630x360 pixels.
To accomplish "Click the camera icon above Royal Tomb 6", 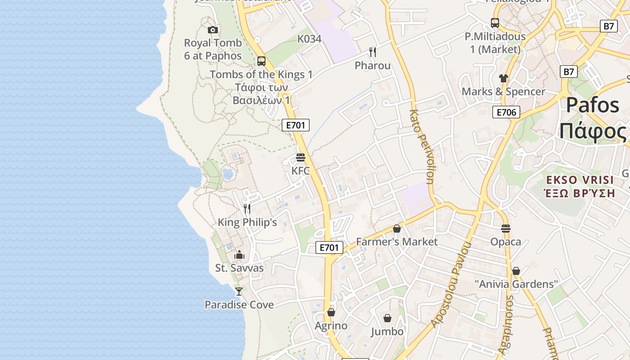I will [x=213, y=30].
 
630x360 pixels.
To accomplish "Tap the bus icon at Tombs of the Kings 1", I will [x=261, y=61].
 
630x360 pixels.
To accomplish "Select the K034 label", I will [x=309, y=39].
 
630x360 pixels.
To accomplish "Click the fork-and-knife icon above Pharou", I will [x=373, y=52].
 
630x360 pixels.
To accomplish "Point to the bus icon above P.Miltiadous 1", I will [x=495, y=23].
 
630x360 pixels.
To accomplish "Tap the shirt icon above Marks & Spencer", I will [x=503, y=78].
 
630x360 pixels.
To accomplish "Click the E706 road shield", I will [x=506, y=112].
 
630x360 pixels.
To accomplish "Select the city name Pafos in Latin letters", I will [x=593, y=105].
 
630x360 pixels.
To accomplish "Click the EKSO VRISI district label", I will [x=580, y=180].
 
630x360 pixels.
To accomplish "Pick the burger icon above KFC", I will [x=301, y=157].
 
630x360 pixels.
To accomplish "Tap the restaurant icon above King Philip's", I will [x=247, y=209].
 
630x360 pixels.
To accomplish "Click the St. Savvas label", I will [x=239, y=268].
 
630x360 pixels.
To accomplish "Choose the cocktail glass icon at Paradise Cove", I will [x=239, y=292].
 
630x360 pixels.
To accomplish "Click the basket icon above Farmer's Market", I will [x=396, y=229].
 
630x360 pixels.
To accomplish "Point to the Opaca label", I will [x=506, y=242].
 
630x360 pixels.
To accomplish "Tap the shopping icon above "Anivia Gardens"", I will [x=516, y=271].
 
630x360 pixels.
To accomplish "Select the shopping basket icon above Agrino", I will [x=331, y=312].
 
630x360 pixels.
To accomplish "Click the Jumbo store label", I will [x=387, y=332].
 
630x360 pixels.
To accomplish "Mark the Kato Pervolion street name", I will [x=422, y=146].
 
